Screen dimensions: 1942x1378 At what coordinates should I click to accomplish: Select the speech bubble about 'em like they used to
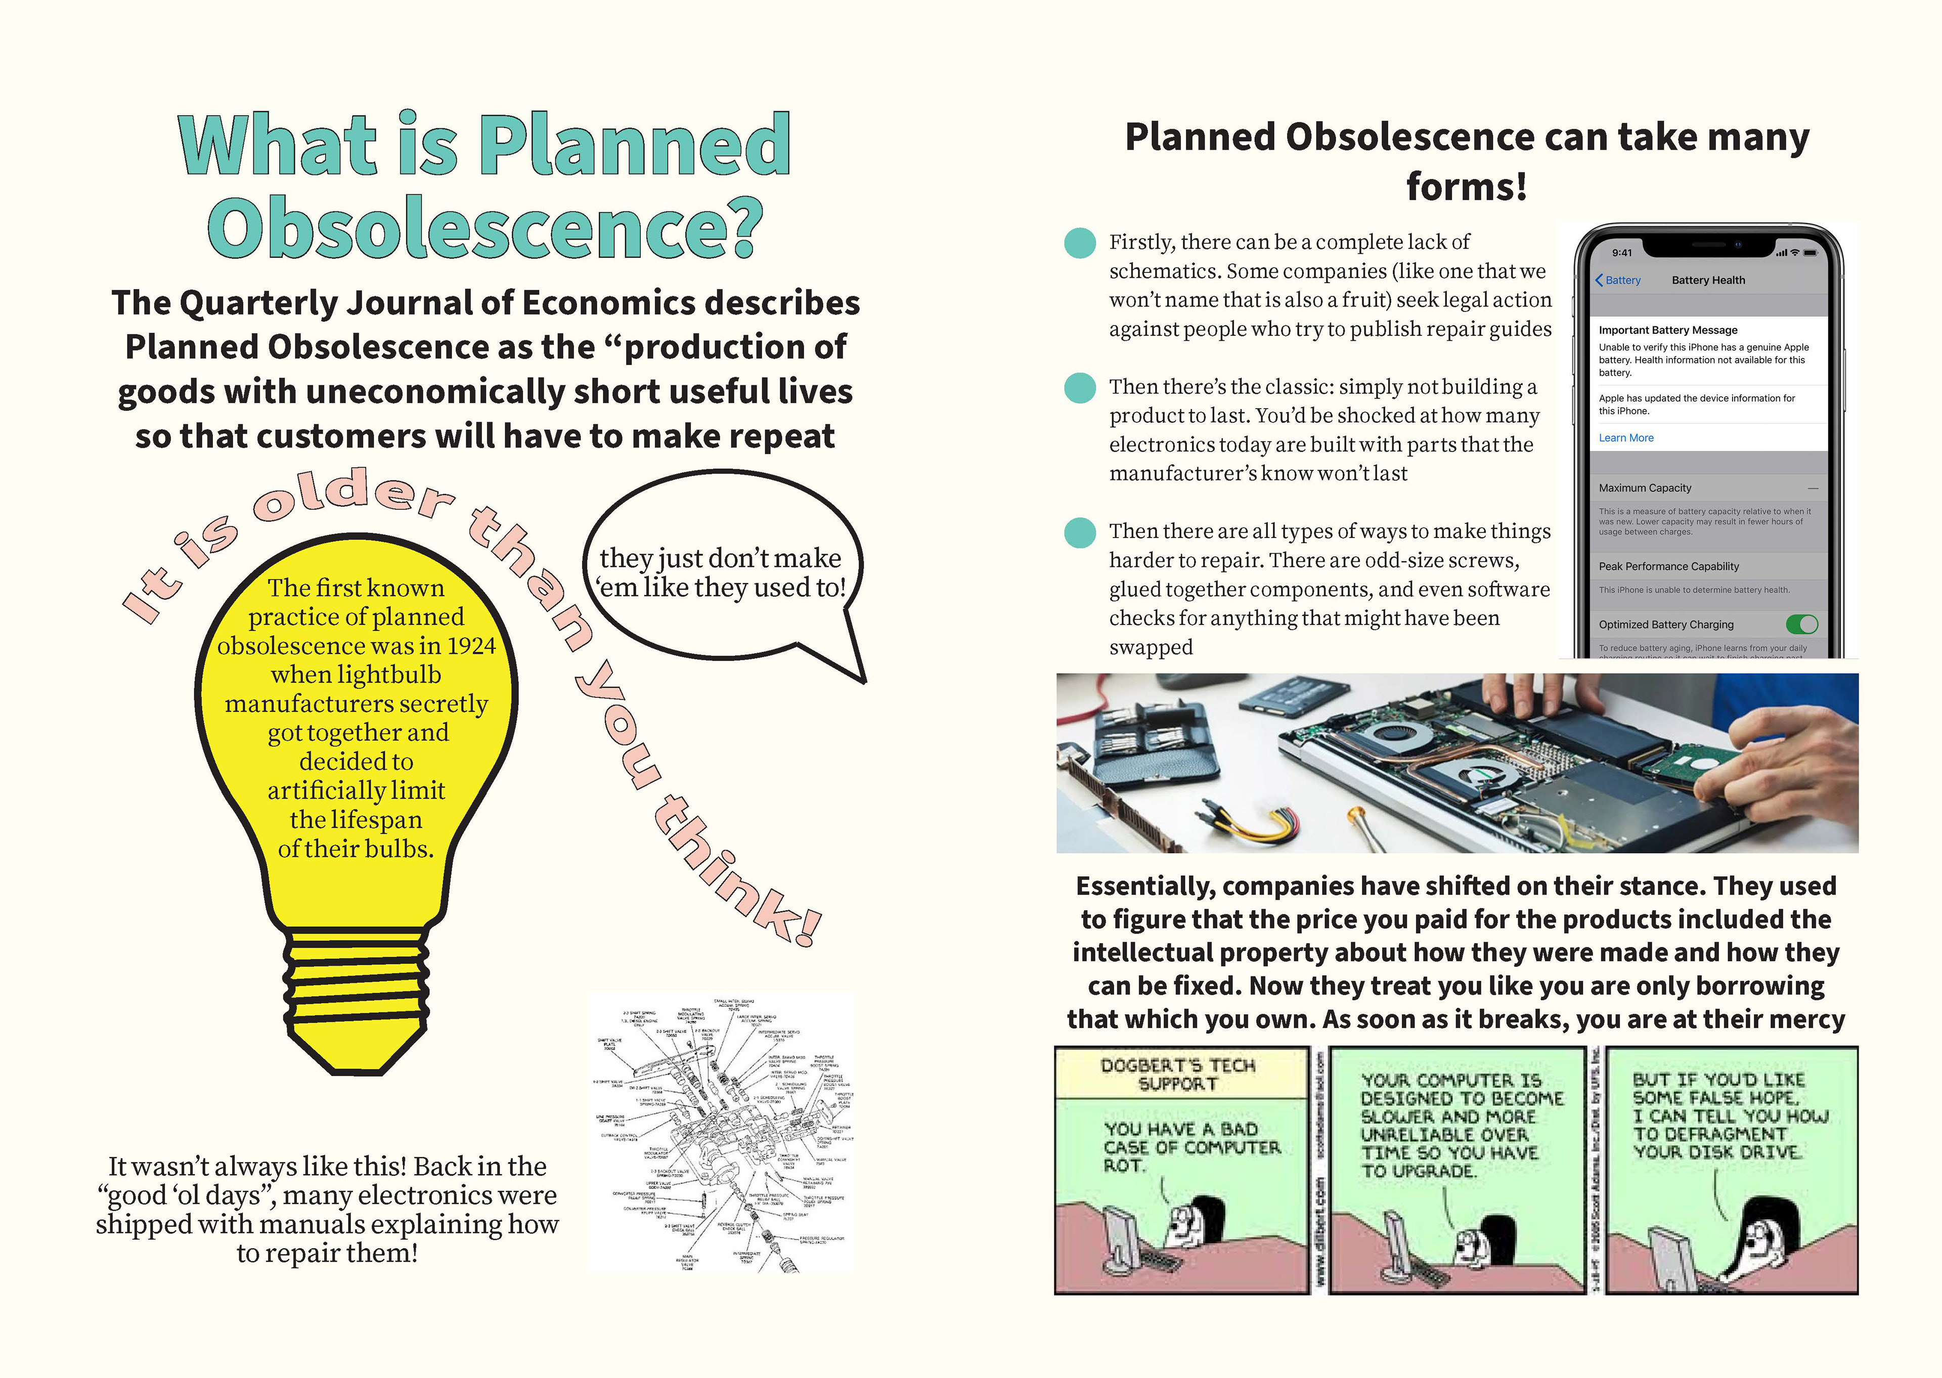[723, 573]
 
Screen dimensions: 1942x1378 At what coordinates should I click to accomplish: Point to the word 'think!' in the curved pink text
[738, 874]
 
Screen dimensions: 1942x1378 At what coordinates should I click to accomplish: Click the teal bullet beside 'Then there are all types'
[1080, 532]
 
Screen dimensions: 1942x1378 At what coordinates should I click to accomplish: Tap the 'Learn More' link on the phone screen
[1625, 438]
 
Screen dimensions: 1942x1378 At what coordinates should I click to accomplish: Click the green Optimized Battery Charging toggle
[1801, 625]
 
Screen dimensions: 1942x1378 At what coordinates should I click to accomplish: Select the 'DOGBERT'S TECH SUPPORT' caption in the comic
[1177, 1074]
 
